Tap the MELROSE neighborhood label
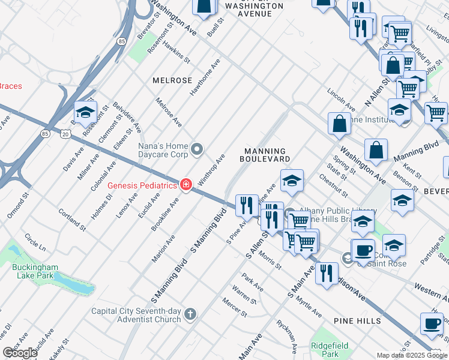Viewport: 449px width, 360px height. pyautogui.click(x=172, y=80)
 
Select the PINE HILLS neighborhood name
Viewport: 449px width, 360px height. pyautogui.click(x=358, y=321)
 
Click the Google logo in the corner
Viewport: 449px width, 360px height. pyautogui.click(x=20, y=353)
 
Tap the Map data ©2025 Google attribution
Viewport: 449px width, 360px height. pyautogui.click(x=411, y=355)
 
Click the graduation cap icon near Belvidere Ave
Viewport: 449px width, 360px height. pyautogui.click(x=85, y=112)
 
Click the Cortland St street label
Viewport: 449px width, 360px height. pyautogui.click(x=69, y=219)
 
